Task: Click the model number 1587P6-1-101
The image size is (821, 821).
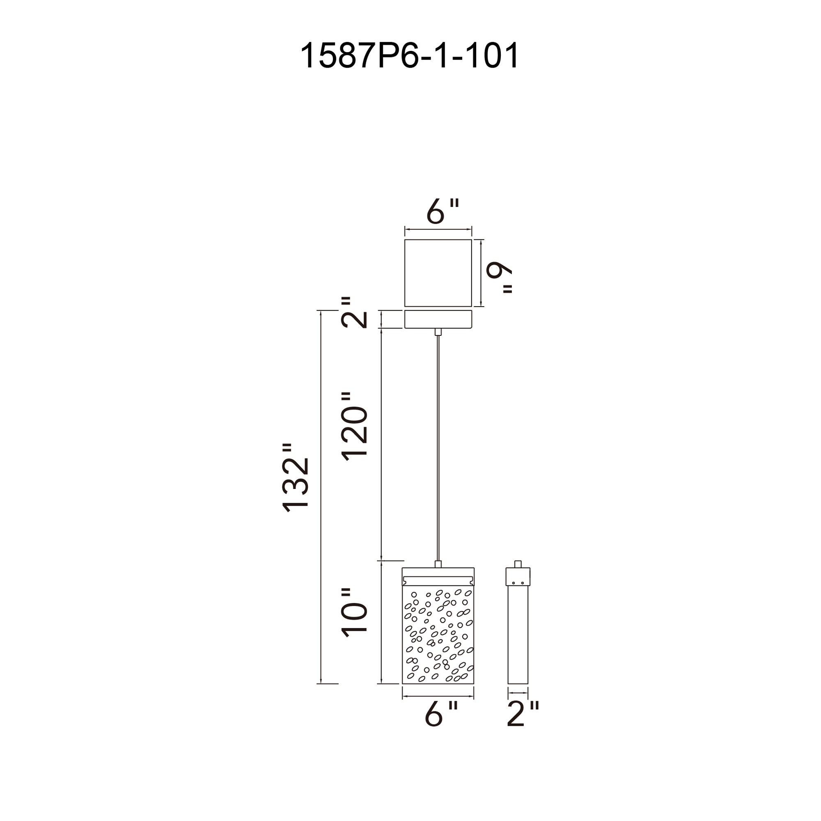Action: [x=410, y=56]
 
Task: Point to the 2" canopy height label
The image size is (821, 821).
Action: [x=354, y=313]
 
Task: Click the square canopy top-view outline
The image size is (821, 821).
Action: [x=438, y=273]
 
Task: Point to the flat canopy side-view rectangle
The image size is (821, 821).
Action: [x=438, y=319]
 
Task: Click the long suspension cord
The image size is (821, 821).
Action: [x=438, y=446]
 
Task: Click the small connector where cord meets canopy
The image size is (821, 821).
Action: [x=438, y=332]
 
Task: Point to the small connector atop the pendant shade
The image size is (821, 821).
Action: [x=438, y=564]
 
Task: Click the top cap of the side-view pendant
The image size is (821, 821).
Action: [x=518, y=577]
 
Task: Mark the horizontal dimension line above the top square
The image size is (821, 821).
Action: [x=438, y=230]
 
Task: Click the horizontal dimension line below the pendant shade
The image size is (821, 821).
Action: [x=438, y=697]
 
